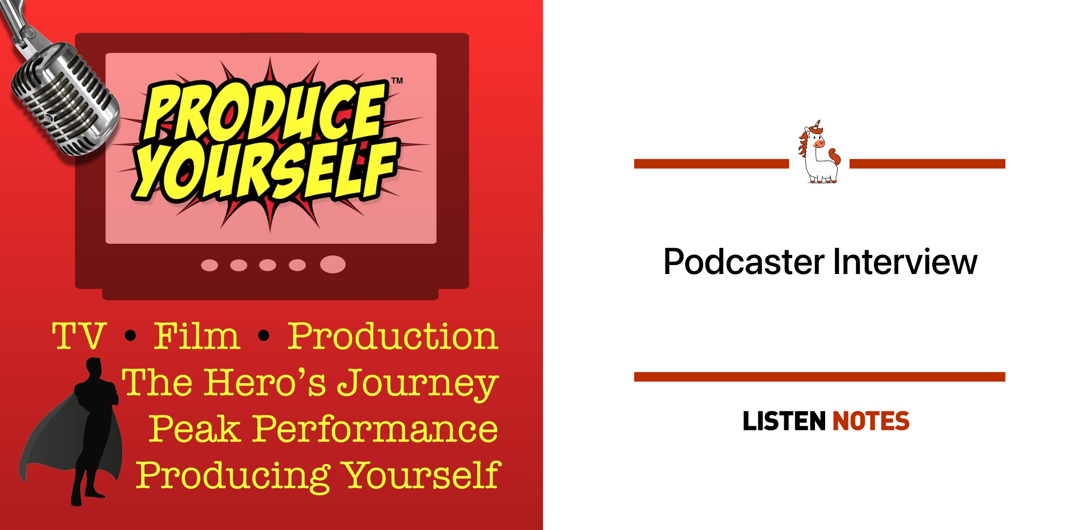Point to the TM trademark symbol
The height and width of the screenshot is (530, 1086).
[x=397, y=81]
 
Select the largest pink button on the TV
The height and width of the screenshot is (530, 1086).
[x=332, y=264]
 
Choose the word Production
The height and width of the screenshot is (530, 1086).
[x=393, y=336]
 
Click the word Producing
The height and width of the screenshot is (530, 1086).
[x=233, y=476]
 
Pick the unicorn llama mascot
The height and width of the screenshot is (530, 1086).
[x=819, y=152]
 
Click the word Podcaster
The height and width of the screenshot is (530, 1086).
[x=744, y=262]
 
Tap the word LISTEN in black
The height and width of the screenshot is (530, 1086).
[x=784, y=421]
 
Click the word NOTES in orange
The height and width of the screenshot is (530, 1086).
[x=871, y=421]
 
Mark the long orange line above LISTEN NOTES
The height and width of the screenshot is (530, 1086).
[x=819, y=377]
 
